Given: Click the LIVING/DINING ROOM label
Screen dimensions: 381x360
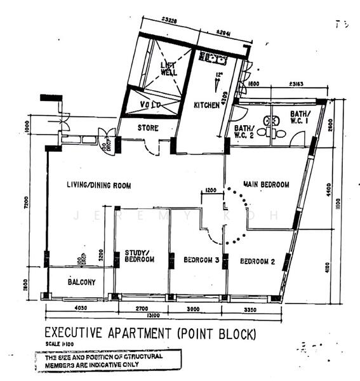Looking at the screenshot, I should (98, 185).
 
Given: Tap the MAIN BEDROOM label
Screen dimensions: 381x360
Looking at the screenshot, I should (267, 185).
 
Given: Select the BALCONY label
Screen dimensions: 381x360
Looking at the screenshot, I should (81, 281).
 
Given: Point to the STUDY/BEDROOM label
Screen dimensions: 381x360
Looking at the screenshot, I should (139, 256).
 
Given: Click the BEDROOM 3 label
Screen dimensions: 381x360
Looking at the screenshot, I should (201, 260).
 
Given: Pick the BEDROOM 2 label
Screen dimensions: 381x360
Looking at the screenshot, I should (257, 260).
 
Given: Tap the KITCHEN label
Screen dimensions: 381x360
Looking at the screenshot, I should (207, 105).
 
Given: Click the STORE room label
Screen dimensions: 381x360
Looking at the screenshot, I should (147, 128).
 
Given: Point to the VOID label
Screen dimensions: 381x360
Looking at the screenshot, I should (151, 104).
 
